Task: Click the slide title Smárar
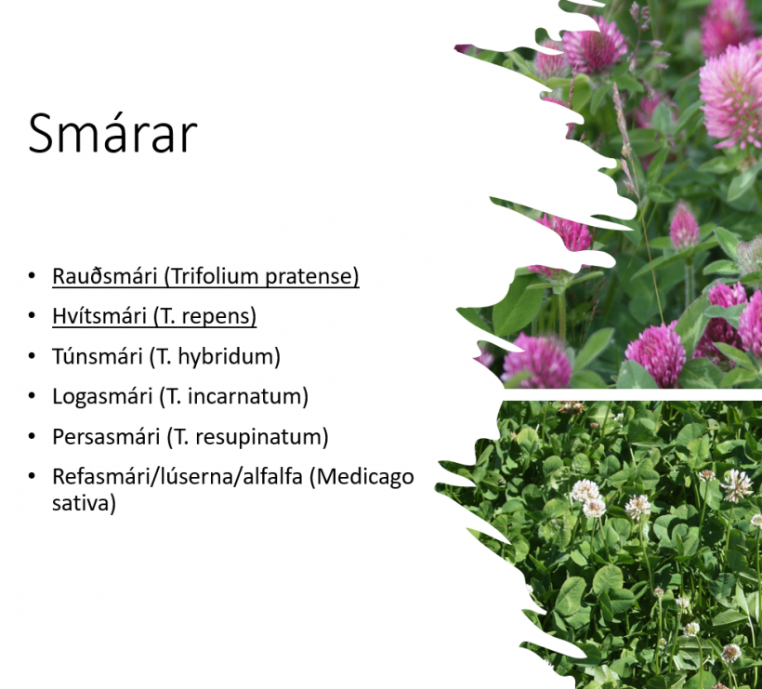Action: tap(112, 134)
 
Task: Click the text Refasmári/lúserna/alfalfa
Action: tap(177, 476)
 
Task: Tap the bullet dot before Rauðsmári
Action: tap(33, 276)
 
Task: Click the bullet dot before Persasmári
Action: tap(33, 437)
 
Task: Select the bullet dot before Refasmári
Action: tap(33, 476)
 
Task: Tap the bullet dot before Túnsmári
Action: tap(33, 356)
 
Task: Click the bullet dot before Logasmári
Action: tap(33, 396)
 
